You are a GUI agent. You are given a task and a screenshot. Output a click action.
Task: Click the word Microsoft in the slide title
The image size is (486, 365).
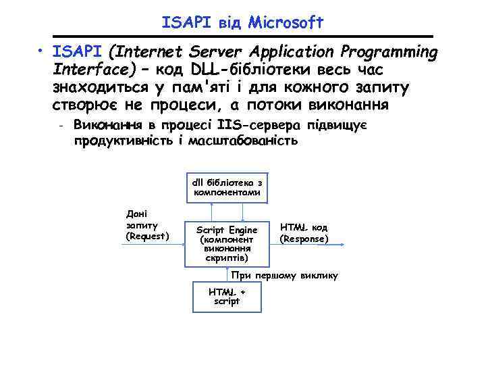pyautogui.click(x=286, y=23)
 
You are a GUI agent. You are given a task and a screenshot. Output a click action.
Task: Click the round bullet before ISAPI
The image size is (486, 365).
pyautogui.click(x=41, y=53)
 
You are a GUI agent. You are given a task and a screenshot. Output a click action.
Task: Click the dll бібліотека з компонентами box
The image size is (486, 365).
pyautogui.click(x=227, y=187)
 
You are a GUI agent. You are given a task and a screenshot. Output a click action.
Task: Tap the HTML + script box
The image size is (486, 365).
pyautogui.click(x=227, y=296)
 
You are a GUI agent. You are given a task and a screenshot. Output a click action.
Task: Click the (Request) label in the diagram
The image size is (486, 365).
pyautogui.click(x=148, y=235)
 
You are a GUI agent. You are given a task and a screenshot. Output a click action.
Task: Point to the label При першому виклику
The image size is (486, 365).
pyautogui.click(x=284, y=276)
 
